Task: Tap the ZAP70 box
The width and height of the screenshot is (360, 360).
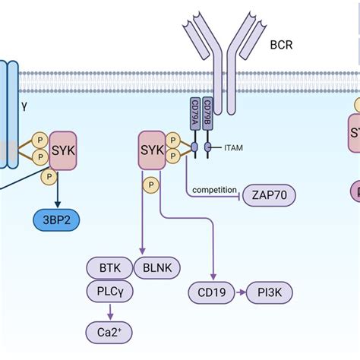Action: pos(269,196)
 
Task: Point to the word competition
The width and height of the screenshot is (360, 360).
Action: pos(214,189)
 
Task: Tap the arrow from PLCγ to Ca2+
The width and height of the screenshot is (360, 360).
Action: pos(111,311)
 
